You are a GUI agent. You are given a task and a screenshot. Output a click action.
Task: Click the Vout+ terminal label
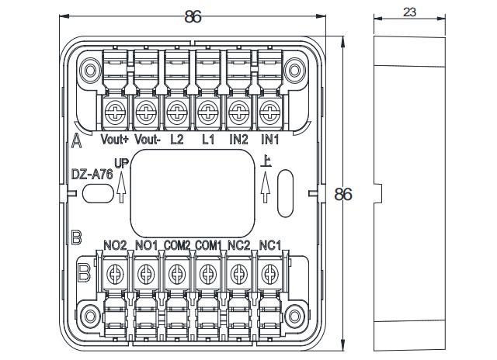click(115, 140)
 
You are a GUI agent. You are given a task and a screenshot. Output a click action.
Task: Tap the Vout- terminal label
click(148, 140)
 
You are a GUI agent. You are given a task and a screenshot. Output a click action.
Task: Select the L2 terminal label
click(176, 140)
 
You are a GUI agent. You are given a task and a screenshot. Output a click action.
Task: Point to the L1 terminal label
click(207, 140)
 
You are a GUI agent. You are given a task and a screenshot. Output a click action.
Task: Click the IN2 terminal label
click(238, 140)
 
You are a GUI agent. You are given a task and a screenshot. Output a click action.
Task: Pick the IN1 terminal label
click(269, 140)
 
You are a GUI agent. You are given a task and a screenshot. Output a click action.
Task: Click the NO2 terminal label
click(115, 245)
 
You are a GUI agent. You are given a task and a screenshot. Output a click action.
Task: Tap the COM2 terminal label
click(177, 245)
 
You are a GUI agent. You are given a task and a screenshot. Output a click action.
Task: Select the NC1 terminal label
click(269, 245)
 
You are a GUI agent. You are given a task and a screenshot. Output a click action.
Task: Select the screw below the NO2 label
click(115, 272)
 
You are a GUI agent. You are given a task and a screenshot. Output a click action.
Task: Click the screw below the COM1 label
click(207, 272)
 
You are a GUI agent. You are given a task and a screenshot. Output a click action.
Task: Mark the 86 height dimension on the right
click(342, 194)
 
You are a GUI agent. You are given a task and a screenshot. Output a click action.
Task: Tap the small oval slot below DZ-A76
click(95, 195)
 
